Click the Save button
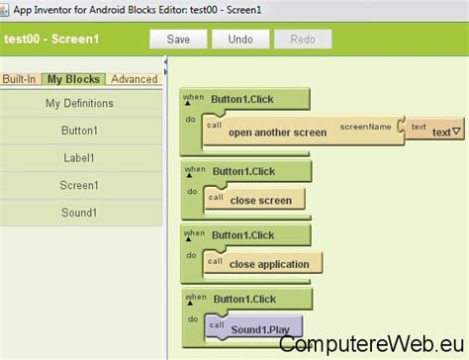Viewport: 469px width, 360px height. pyautogui.click(x=178, y=40)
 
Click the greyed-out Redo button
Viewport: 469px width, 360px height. pyautogui.click(x=303, y=40)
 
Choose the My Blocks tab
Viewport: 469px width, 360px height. pyautogui.click(x=74, y=79)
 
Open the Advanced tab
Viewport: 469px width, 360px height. pyautogui.click(x=134, y=79)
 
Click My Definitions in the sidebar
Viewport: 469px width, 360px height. pyautogui.click(x=79, y=103)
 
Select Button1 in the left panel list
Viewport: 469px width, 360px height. pyautogui.click(x=79, y=131)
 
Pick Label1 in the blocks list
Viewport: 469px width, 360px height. pyautogui.click(x=79, y=157)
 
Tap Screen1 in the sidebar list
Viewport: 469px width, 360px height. pyautogui.click(x=79, y=185)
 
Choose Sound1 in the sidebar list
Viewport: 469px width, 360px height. pyautogui.click(x=79, y=213)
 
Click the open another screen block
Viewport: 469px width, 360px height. pyautogui.click(x=277, y=133)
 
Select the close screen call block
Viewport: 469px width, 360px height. pyautogui.click(x=260, y=199)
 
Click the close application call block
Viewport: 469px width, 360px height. pyautogui.click(x=269, y=264)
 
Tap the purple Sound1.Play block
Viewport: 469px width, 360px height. pyautogui.click(x=259, y=329)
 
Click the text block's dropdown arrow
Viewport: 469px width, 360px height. pyautogui.click(x=456, y=132)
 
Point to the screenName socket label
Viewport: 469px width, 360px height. pyautogui.click(x=366, y=127)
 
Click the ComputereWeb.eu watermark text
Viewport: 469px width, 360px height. pyautogui.click(x=371, y=342)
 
